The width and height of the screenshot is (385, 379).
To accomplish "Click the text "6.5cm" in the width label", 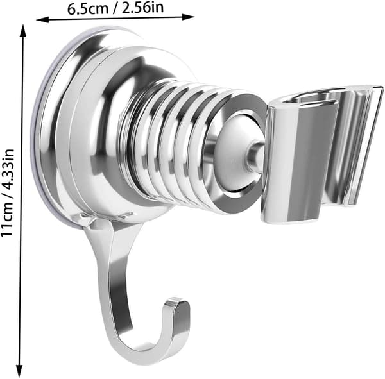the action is click(x=88, y=9).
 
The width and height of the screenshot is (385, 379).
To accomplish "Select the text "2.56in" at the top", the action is click(x=143, y=7).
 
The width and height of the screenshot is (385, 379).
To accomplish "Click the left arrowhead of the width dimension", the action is click(x=42, y=20).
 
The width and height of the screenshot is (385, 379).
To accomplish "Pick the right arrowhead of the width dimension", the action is click(x=188, y=17).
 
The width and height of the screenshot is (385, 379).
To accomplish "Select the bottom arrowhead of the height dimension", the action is click(x=19, y=371).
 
